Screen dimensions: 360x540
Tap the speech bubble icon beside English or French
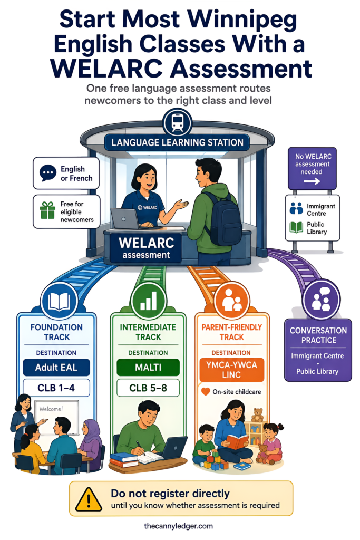tap(48, 173)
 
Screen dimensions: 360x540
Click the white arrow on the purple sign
tap(312, 181)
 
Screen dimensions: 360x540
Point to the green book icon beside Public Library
tap(296, 228)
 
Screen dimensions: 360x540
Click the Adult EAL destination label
tap(56, 368)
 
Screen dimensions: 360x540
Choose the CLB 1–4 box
tap(56, 388)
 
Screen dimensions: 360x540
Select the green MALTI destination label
tap(148, 368)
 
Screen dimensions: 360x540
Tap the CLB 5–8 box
tap(148, 388)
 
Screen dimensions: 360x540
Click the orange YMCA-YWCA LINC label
tap(231, 370)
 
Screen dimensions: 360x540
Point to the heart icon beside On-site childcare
tap(206, 392)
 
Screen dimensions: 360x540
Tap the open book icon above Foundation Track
tap(59, 301)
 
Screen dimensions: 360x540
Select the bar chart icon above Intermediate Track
tap(148, 301)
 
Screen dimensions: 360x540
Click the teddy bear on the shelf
tap(257, 415)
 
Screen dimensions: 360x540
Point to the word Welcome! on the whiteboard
tap(51, 409)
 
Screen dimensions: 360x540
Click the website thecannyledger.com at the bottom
tap(178, 526)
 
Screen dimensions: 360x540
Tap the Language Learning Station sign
tap(177, 142)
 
